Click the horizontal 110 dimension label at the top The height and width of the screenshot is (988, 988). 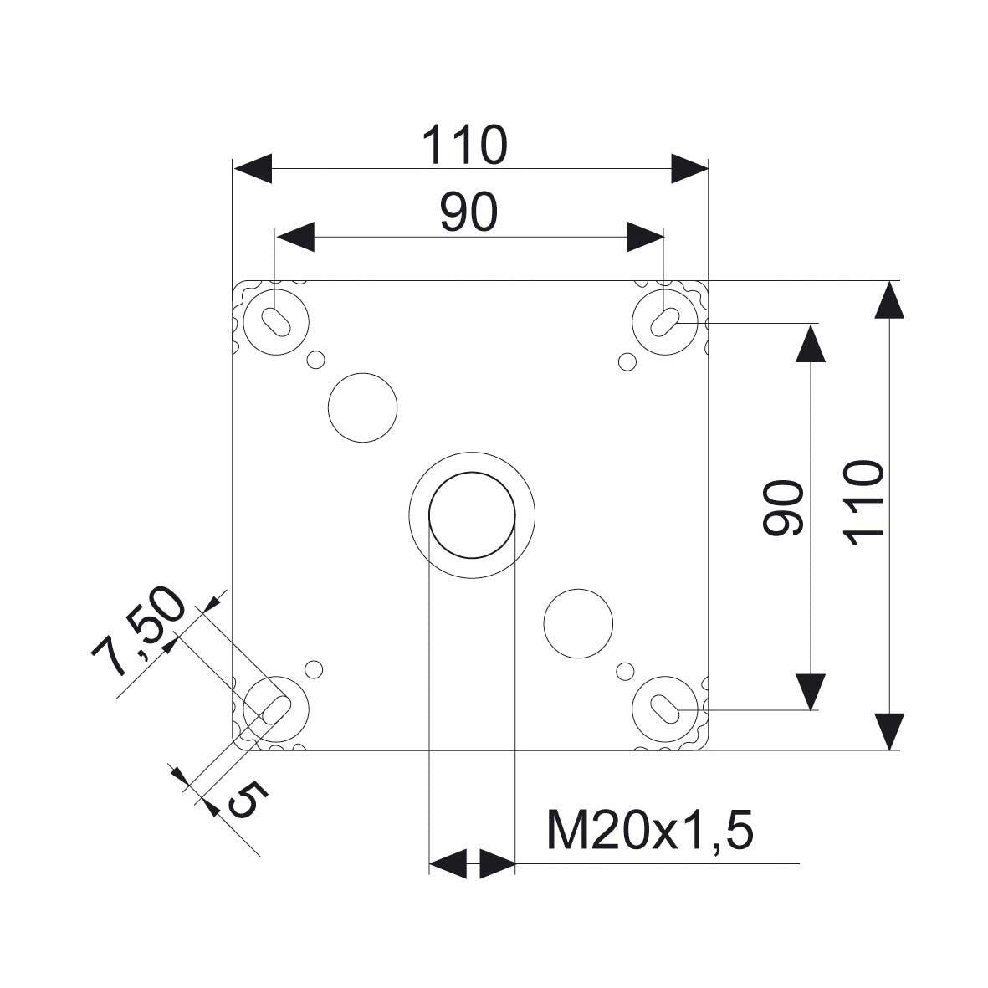(463, 145)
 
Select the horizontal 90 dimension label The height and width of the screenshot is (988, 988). (468, 212)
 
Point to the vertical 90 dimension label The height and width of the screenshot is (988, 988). (784, 508)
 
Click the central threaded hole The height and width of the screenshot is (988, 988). (472, 514)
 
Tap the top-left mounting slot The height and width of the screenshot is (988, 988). (275, 320)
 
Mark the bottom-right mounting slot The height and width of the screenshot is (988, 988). (666, 709)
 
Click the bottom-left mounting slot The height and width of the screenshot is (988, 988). (275, 709)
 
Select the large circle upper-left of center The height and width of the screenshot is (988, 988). (362, 407)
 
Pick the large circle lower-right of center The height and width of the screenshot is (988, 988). (578, 623)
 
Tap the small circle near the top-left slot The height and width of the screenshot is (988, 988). (315, 360)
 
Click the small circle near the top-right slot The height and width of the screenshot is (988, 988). (626, 361)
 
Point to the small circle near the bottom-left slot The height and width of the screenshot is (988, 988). (314, 669)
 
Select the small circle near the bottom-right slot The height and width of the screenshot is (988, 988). (624, 670)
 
